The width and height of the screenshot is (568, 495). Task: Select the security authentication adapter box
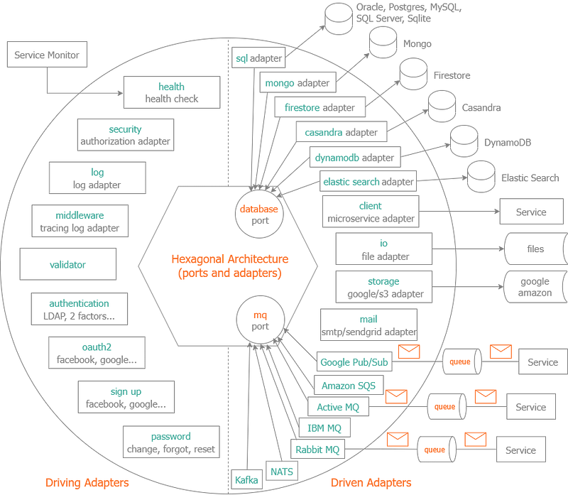[x=125, y=135]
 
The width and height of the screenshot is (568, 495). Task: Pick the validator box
[x=67, y=265]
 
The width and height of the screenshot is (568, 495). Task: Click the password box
[x=172, y=443]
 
